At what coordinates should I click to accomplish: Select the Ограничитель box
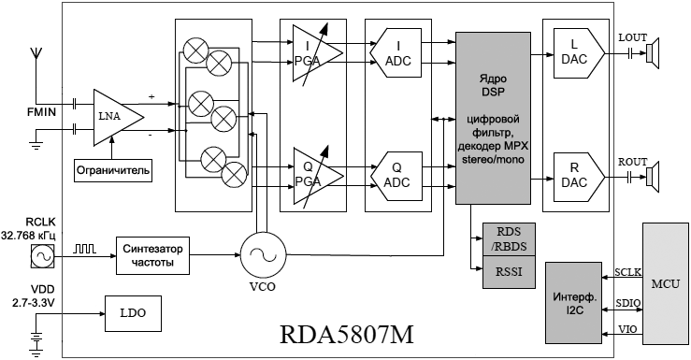(x=113, y=170)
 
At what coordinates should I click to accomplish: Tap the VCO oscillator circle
(x=263, y=254)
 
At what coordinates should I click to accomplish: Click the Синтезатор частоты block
(x=152, y=255)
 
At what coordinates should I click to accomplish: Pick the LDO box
(x=133, y=313)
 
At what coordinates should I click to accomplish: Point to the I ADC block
(x=396, y=53)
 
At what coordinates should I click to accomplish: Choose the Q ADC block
(x=396, y=176)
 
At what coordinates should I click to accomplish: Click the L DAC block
(x=579, y=53)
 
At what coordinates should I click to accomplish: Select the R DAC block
(x=579, y=177)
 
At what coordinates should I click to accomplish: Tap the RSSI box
(x=509, y=272)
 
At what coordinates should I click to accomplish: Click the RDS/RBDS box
(x=509, y=239)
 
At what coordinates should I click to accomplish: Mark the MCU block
(x=665, y=283)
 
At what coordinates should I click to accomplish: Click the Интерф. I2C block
(x=573, y=303)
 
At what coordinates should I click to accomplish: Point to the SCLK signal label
(x=628, y=272)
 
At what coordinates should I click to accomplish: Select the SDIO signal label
(x=628, y=303)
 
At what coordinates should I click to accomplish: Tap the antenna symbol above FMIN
(x=36, y=53)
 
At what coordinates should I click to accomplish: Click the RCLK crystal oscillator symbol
(x=43, y=256)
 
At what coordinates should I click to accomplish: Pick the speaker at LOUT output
(x=653, y=53)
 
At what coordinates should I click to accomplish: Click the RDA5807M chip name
(x=347, y=335)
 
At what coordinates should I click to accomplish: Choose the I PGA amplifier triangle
(x=314, y=53)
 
